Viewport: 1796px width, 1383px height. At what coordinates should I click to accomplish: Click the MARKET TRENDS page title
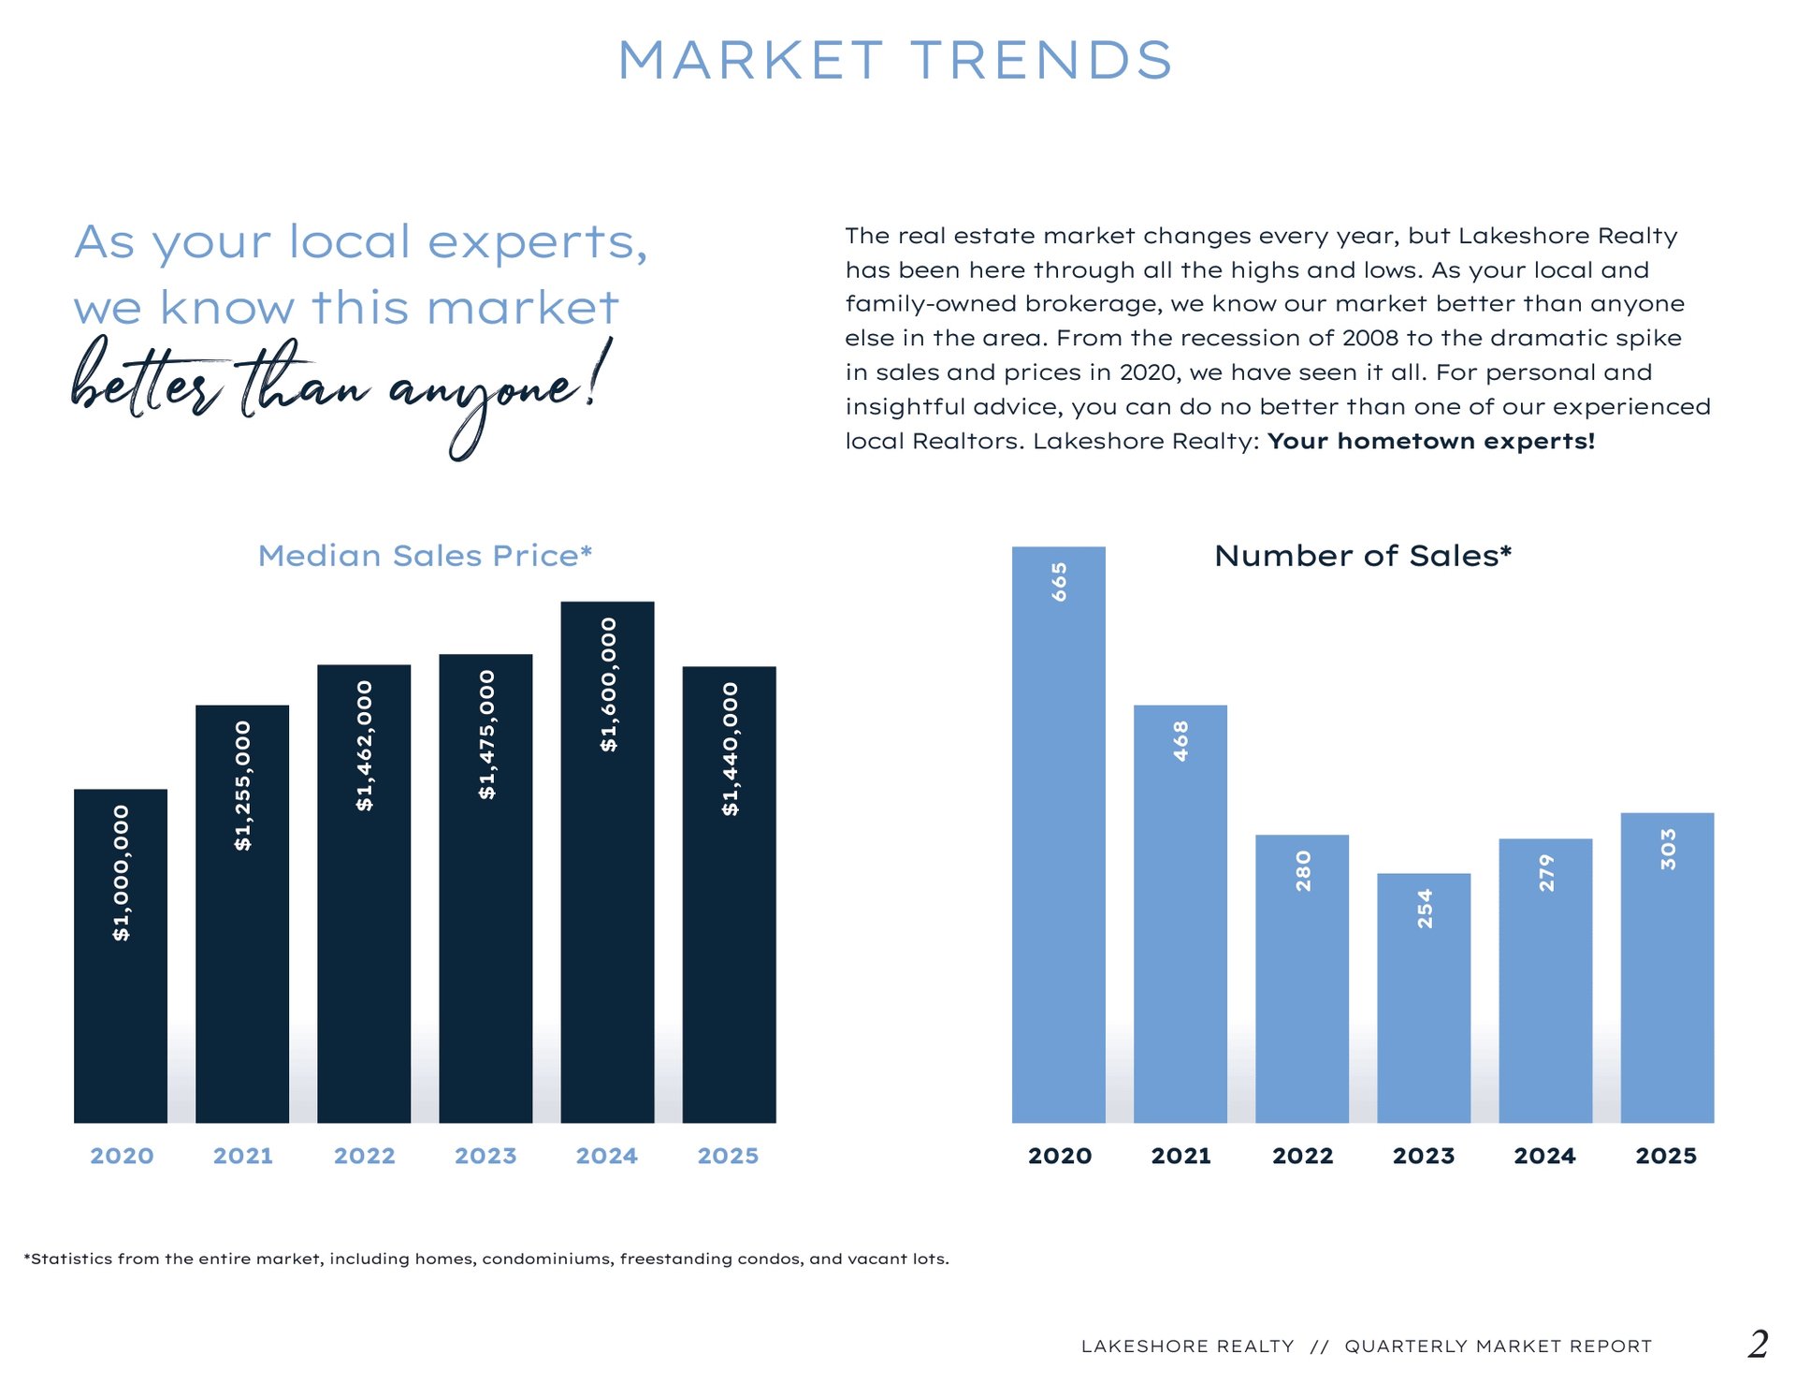coord(895,61)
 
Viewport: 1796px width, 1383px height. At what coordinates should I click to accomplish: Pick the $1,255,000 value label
coord(243,785)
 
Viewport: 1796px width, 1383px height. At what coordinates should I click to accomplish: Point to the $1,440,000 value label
coord(730,749)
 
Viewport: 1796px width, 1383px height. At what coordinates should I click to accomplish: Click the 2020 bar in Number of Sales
coord(1058,842)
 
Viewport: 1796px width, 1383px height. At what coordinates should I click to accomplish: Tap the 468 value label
coord(1180,740)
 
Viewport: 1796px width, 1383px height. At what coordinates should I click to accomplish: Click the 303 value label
coord(1667,849)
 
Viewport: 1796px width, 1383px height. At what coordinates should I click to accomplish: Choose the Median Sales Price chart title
coord(425,556)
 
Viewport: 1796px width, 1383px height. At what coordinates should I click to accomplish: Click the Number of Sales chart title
coord(1362,556)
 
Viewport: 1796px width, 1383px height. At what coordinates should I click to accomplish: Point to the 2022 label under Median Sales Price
coord(364,1156)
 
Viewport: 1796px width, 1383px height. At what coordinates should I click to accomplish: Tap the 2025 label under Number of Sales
coord(1666,1156)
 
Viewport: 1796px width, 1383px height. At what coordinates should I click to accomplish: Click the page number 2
coord(1758,1345)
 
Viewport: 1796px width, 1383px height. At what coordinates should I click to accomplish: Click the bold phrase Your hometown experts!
coord(1430,441)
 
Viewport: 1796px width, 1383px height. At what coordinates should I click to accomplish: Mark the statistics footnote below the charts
coord(486,1259)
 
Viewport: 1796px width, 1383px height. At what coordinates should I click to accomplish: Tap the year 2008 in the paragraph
coord(1370,338)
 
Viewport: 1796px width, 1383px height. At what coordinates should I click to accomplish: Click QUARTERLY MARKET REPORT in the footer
coord(1498,1347)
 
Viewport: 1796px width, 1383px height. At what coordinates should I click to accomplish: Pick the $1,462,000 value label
coord(364,746)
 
